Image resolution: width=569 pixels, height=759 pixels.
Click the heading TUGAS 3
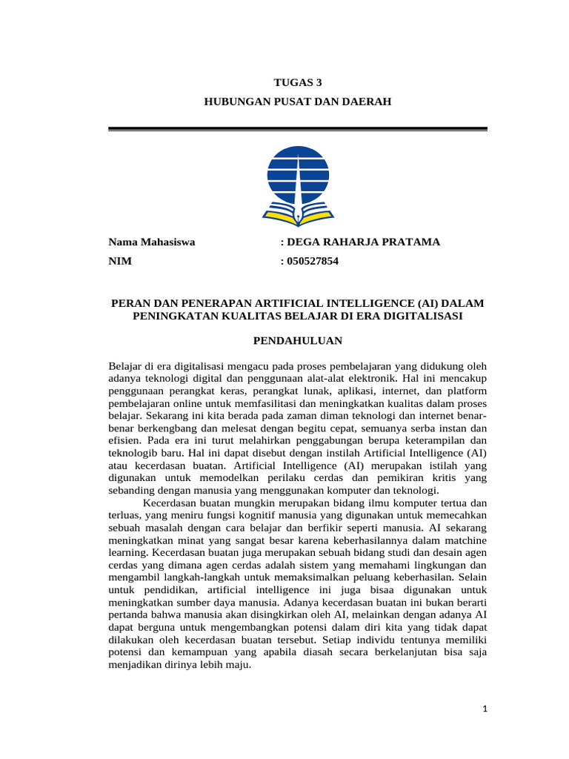pyautogui.click(x=297, y=83)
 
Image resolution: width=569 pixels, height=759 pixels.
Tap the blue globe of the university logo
pyautogui.click(x=297, y=174)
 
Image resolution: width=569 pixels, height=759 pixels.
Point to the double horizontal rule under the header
pyautogui.click(x=297, y=130)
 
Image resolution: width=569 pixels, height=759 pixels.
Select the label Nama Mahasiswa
pyautogui.click(x=152, y=242)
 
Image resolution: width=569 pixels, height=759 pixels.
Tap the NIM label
pyautogui.click(x=119, y=261)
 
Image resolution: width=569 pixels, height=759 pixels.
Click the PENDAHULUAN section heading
pyautogui.click(x=297, y=341)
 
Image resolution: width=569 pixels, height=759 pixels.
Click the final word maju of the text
pyautogui.click(x=241, y=665)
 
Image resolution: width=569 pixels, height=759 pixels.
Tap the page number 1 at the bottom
pyautogui.click(x=485, y=709)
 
